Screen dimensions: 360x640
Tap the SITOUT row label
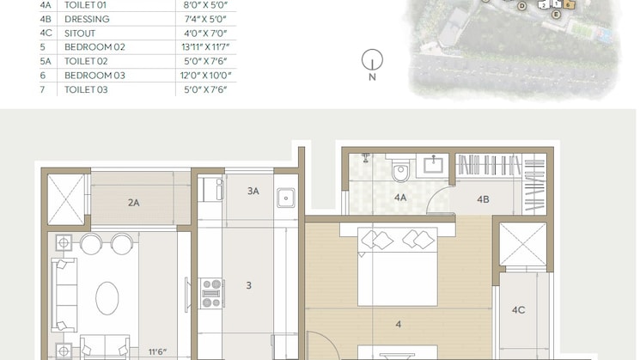click(80, 33)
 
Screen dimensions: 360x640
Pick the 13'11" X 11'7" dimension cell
click(206, 47)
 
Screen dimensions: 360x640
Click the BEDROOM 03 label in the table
click(94, 76)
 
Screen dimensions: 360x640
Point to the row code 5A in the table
click(46, 61)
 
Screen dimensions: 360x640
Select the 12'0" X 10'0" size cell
click(206, 76)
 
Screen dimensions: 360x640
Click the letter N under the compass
click(372, 77)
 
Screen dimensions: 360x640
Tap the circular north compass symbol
click(372, 59)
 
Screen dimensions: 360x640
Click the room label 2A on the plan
click(133, 203)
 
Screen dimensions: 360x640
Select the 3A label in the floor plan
click(253, 191)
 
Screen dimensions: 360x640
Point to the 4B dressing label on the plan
click(483, 199)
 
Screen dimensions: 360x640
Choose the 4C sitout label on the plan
click(518, 310)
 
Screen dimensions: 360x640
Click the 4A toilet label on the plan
click(400, 198)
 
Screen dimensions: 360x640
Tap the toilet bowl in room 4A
click(400, 174)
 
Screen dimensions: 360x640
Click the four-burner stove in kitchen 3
click(211, 292)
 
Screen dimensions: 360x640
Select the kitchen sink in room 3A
click(286, 198)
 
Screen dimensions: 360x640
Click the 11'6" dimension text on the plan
click(156, 351)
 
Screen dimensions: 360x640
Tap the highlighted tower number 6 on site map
click(569, 5)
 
